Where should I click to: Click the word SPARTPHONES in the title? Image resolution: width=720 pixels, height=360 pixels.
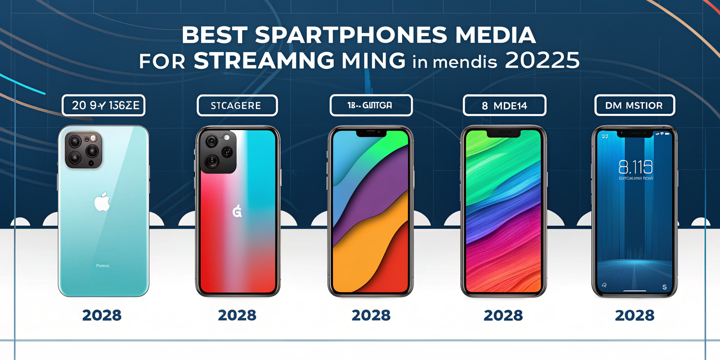coord(351,36)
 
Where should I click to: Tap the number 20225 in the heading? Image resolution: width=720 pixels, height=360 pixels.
coord(542,61)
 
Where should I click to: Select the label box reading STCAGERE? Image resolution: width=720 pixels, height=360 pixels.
coord(237,106)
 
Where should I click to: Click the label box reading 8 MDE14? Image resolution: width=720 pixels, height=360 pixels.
coord(504,106)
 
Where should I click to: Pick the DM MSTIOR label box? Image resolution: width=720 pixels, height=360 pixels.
coord(634,105)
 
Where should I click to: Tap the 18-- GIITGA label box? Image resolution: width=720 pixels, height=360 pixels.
coord(371,105)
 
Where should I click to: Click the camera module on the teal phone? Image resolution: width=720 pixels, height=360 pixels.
coord(84,150)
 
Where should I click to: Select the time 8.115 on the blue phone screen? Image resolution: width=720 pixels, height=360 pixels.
coord(635,167)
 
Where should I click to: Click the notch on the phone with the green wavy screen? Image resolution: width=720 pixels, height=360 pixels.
coord(504,133)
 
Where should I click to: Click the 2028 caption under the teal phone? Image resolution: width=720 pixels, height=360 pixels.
coord(102,315)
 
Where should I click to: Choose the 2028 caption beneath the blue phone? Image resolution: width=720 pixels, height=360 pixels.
coord(634,315)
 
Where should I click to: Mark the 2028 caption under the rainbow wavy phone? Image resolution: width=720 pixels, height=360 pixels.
coord(503,315)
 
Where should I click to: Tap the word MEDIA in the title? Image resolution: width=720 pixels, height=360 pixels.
coord(495,36)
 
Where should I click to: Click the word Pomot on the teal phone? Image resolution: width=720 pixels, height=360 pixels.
coord(103,266)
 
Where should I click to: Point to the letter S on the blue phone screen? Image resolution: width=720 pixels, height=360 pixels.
coord(664,287)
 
